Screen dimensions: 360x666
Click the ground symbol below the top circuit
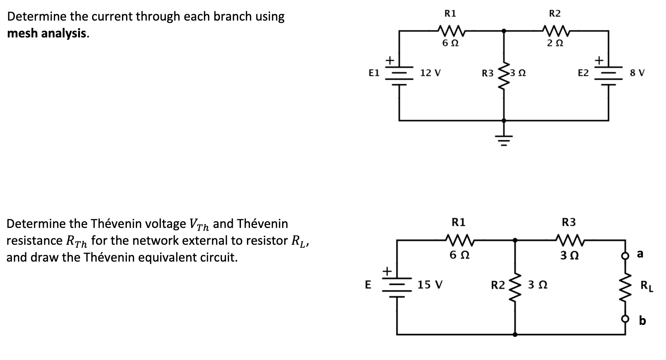(x=504, y=140)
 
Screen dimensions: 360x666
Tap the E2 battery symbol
(x=608, y=77)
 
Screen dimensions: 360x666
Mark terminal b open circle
(x=625, y=319)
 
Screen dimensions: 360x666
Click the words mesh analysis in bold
(x=48, y=33)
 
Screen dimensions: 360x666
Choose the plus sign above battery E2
(x=599, y=60)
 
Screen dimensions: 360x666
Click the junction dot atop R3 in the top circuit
(x=504, y=31)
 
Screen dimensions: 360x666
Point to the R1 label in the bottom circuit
(x=459, y=222)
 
